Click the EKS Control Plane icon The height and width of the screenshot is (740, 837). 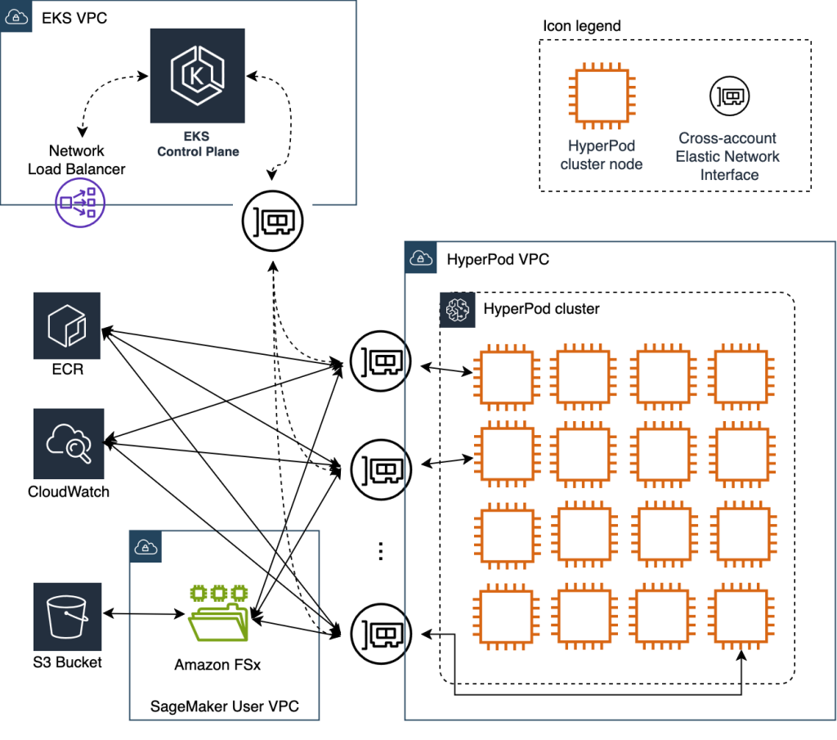[x=197, y=75]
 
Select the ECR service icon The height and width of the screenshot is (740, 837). [x=66, y=325]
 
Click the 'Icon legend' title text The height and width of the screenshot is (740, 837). [x=581, y=26]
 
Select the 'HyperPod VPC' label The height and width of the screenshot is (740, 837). [x=498, y=260]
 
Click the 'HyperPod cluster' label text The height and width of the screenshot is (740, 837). [x=541, y=309]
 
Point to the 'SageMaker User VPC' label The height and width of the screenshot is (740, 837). [x=223, y=706]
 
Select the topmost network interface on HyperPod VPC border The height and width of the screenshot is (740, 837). [x=379, y=359]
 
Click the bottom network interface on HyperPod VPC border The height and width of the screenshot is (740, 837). [x=379, y=633]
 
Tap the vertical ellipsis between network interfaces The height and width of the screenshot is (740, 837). [x=379, y=551]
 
